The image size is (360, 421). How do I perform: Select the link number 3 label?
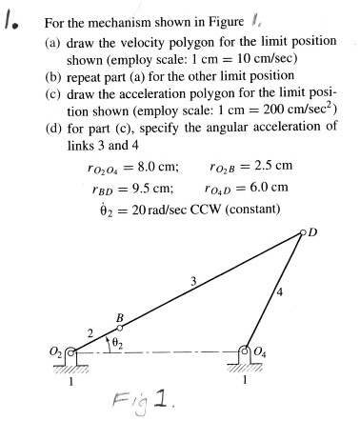(x=193, y=280)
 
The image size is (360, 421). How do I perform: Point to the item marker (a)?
(x=53, y=44)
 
